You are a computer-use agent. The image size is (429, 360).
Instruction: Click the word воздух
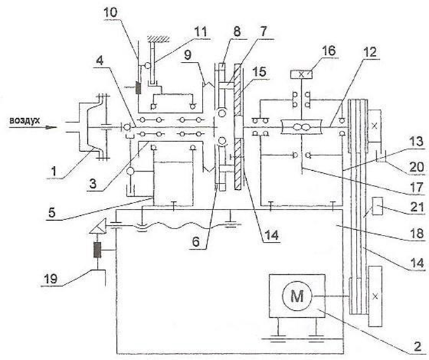25,120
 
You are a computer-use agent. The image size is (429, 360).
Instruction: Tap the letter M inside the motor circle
297,296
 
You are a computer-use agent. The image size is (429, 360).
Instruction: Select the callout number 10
110,12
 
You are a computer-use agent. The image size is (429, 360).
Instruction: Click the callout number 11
200,32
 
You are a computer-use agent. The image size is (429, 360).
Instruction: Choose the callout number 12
370,52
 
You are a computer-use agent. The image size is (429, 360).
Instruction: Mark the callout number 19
51,278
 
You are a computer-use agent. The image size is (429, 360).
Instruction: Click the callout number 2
418,347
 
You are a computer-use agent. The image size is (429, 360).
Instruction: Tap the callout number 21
416,207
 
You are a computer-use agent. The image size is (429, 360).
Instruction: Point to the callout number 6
196,242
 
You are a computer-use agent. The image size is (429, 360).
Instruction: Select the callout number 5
52,213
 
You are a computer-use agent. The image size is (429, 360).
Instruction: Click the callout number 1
54,172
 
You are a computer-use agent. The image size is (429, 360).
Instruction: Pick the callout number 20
416,167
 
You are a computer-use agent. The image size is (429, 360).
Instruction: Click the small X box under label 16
302,75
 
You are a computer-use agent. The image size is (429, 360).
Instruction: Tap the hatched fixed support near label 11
158,39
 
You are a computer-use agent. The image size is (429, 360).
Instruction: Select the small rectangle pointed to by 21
376,206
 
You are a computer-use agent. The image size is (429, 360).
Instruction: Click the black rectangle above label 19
97,250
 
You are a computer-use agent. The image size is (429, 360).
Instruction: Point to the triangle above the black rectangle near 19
98,227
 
